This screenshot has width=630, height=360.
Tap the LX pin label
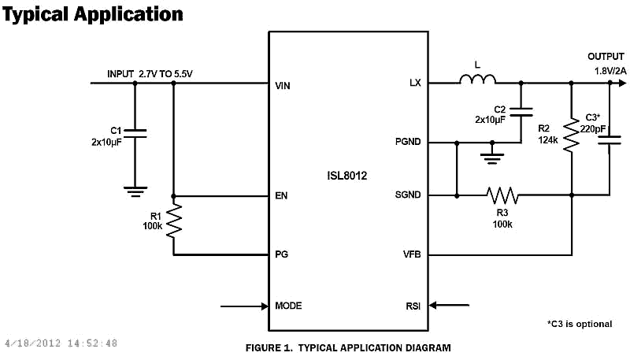[415, 83]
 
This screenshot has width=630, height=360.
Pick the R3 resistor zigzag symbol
[501, 195]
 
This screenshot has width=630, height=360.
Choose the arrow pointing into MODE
[244, 306]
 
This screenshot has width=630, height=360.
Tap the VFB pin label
[412, 254]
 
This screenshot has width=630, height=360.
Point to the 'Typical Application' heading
[93, 14]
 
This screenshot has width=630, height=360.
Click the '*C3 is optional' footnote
[579, 324]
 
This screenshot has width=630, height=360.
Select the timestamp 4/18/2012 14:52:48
[61, 343]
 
